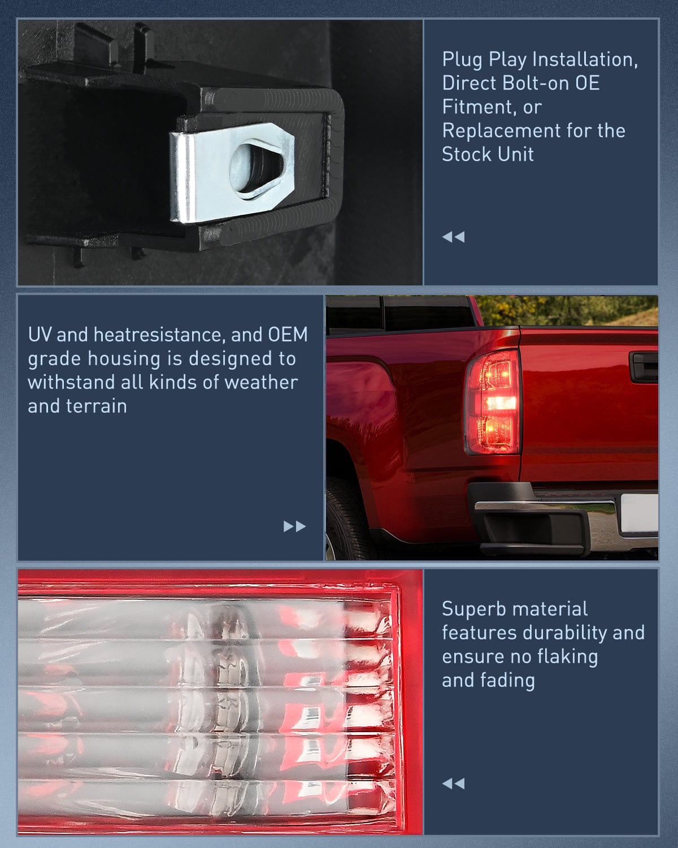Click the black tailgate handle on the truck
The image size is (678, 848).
pyautogui.click(x=644, y=366)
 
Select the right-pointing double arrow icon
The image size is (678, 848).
pyautogui.click(x=294, y=526)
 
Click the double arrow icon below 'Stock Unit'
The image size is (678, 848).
pyautogui.click(x=453, y=237)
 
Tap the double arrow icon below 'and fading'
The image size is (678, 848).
pyautogui.click(x=453, y=784)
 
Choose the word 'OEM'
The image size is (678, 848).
pyautogui.click(x=288, y=335)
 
